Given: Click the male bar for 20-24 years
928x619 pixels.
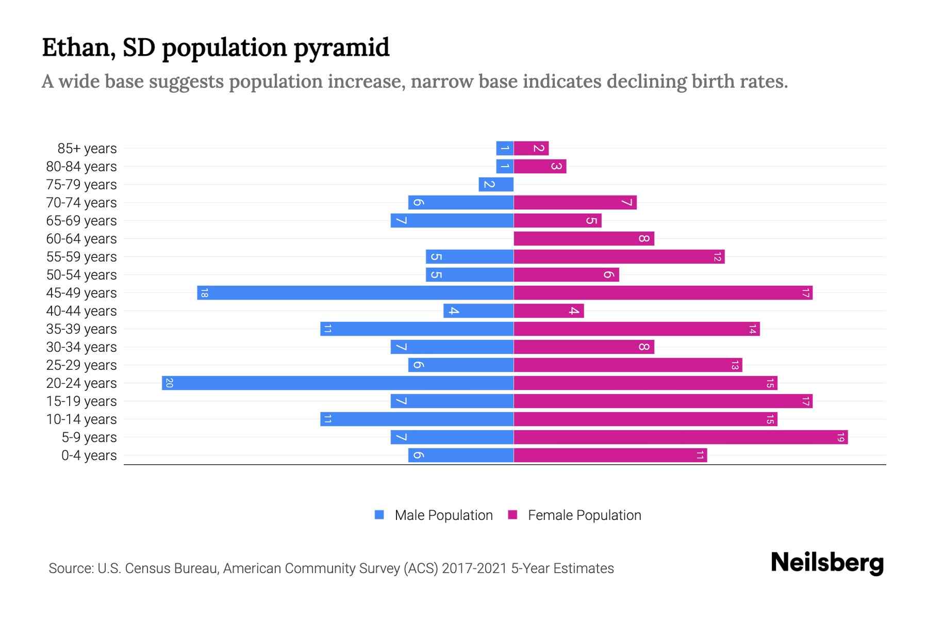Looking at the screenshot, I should (338, 383).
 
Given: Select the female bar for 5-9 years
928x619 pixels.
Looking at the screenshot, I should (681, 437).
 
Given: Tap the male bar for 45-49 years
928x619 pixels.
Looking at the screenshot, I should (355, 293).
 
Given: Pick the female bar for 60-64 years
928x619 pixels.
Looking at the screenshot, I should (584, 239).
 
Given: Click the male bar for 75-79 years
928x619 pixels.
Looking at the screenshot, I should (496, 185).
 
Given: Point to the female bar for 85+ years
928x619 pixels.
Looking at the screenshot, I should (531, 149).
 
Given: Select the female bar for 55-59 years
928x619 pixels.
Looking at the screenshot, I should (619, 257).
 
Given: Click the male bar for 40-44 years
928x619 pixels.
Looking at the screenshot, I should (478, 311).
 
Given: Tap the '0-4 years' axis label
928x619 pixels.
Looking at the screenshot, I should (89, 455).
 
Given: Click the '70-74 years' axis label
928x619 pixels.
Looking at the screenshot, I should (81, 203).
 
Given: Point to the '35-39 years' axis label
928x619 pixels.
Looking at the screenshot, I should (81, 329).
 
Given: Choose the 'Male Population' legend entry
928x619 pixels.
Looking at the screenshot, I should (443, 515).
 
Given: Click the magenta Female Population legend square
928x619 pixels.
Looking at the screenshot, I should (512, 515).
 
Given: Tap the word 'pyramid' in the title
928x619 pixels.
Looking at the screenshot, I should (341, 47).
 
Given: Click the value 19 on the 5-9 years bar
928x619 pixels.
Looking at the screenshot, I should (840, 437).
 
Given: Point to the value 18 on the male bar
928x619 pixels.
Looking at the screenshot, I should (204, 293).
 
